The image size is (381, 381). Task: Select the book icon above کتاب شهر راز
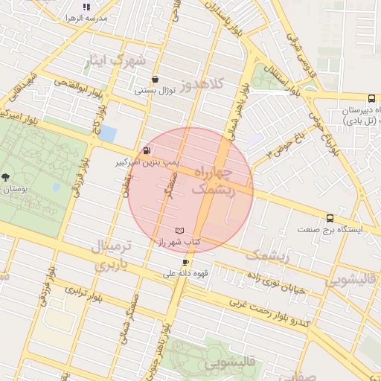pyautogui.click(x=179, y=231)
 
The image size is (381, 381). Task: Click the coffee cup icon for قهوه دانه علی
pyautogui.click(x=185, y=262)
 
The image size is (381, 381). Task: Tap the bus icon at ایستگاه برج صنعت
pyautogui.click(x=330, y=219)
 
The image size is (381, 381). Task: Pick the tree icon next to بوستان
pyautogui.click(x=6, y=177)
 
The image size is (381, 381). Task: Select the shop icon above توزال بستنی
pyautogui.click(x=155, y=79)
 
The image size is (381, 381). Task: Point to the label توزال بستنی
pyautogui.click(x=154, y=90)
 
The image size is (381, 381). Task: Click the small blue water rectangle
pyautogui.click(x=107, y=134)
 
